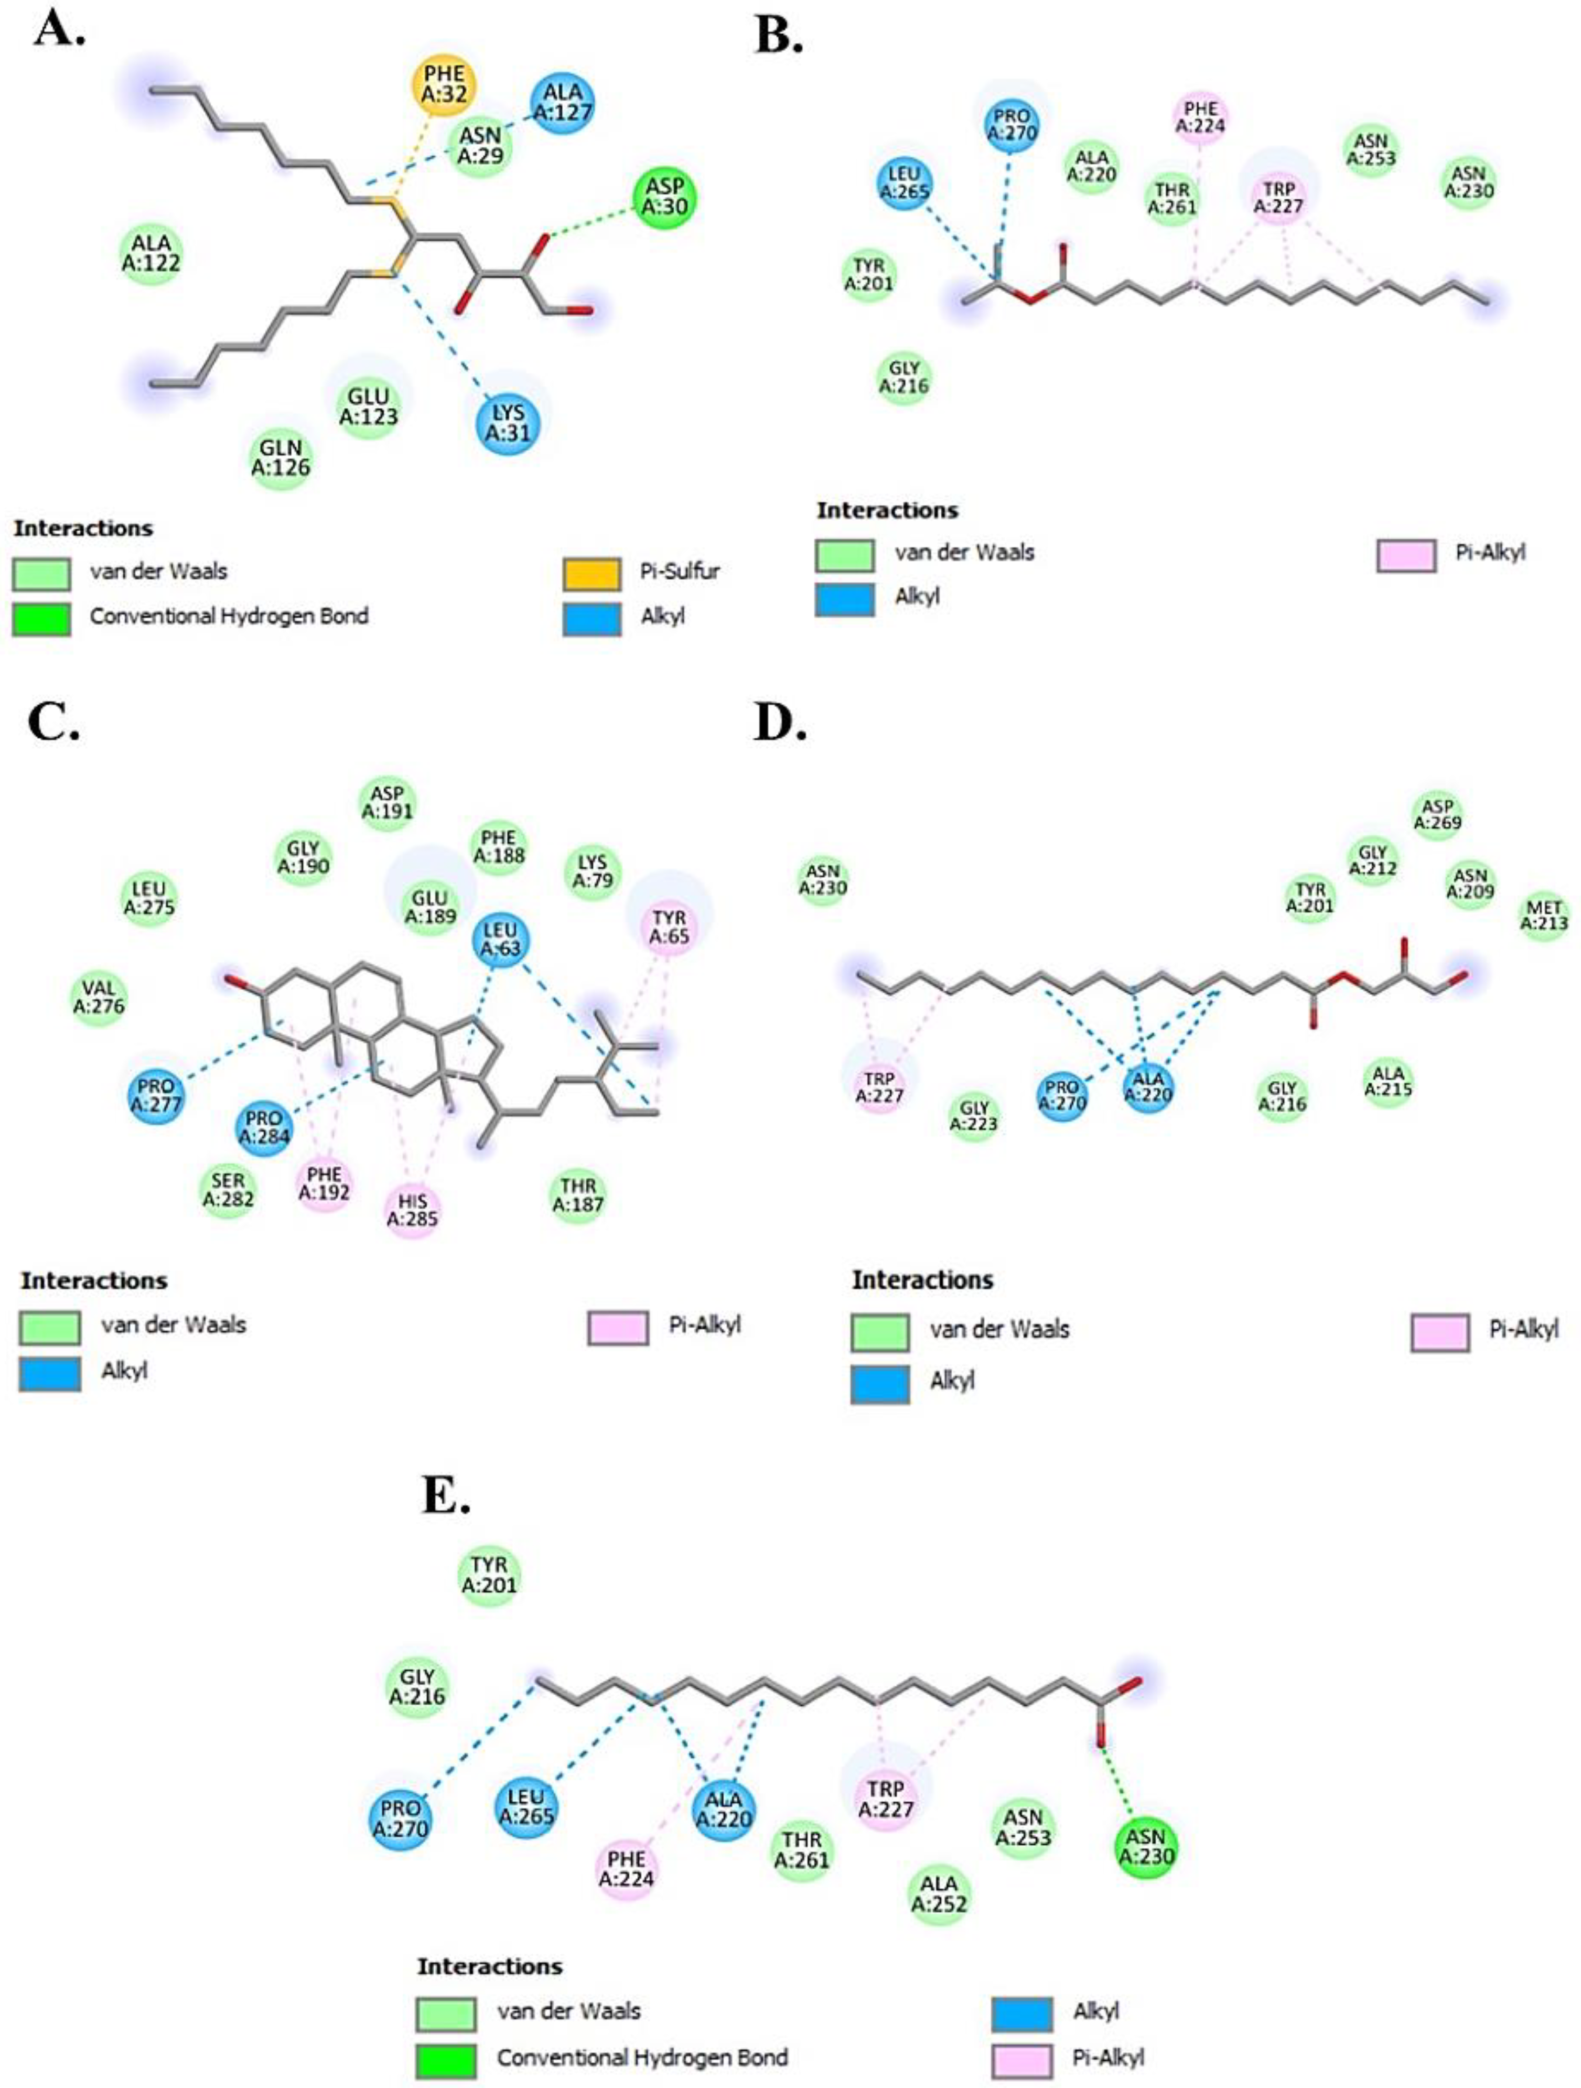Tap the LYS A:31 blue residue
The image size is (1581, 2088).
508,423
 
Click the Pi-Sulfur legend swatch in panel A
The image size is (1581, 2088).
592,572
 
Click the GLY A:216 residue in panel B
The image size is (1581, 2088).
904,376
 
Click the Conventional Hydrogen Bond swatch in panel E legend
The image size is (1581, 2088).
446,2058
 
